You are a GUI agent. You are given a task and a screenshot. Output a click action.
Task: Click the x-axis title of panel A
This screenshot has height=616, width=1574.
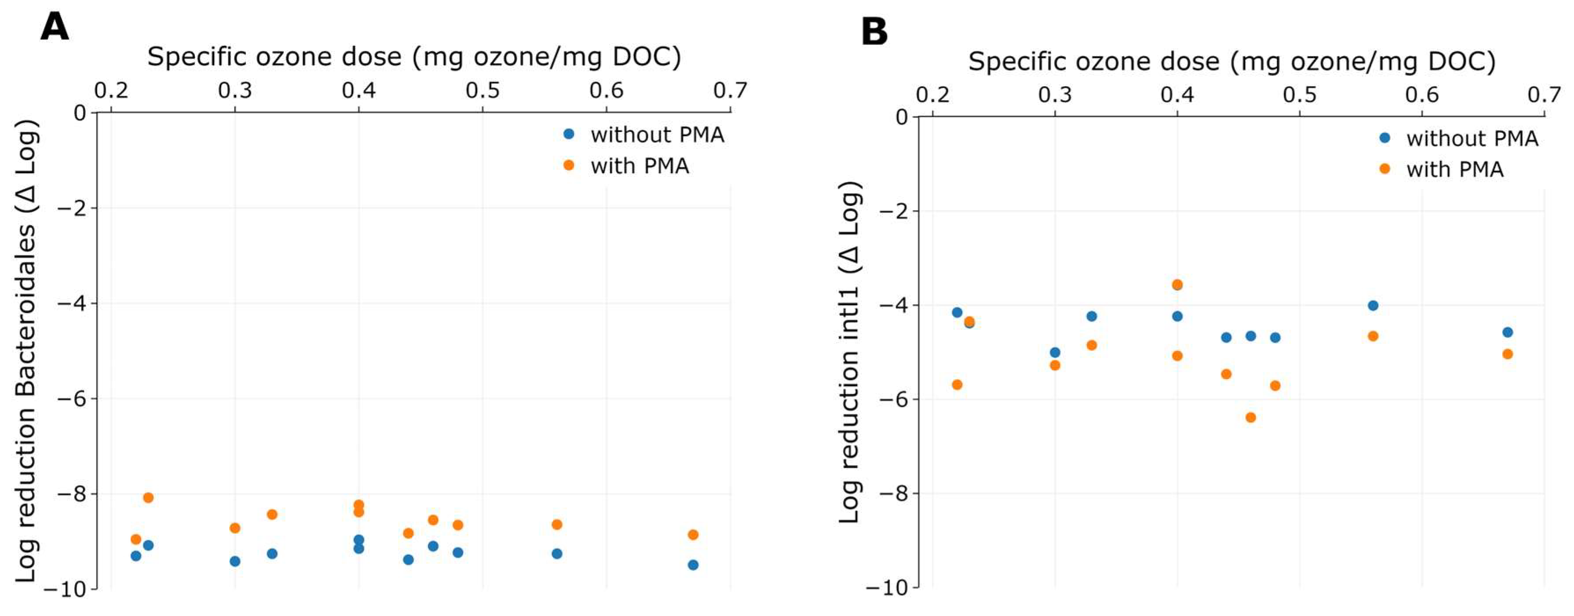click(x=414, y=57)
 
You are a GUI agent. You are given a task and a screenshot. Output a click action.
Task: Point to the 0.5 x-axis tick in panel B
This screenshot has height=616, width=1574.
click(x=1300, y=95)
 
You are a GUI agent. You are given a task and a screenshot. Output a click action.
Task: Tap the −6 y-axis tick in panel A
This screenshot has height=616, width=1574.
click(x=72, y=398)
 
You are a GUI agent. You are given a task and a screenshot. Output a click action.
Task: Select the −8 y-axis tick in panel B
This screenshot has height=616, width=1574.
click(x=895, y=493)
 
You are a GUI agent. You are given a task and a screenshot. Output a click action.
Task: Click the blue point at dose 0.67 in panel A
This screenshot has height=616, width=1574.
click(x=693, y=565)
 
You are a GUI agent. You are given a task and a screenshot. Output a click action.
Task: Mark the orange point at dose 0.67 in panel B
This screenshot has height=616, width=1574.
click(x=1508, y=354)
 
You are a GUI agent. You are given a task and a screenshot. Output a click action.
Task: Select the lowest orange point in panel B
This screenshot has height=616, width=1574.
click(x=1251, y=417)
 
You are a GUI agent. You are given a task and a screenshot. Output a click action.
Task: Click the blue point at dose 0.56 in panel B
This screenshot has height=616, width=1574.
click(x=1373, y=306)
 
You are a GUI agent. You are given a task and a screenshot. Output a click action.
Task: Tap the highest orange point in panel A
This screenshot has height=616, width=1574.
click(x=148, y=497)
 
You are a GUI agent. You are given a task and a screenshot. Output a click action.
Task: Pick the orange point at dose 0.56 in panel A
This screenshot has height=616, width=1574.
click(x=557, y=525)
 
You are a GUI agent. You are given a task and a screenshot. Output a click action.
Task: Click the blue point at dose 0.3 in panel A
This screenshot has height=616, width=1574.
click(x=235, y=561)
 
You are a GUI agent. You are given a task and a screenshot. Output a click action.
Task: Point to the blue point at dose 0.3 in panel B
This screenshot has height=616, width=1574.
click(x=1055, y=352)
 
